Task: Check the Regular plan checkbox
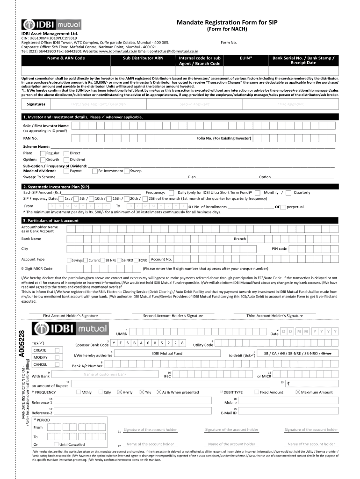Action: point(43,153)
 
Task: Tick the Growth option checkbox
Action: point(43,160)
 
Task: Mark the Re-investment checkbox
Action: point(95,171)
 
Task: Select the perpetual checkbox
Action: point(283,206)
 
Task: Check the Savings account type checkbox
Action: point(69,260)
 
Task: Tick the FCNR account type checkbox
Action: point(136,260)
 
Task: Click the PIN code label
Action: point(279,248)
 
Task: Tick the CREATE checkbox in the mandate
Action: point(57,350)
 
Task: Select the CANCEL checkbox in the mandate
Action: point(57,364)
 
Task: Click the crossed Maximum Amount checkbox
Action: point(298,392)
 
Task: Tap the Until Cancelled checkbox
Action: point(57,444)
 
